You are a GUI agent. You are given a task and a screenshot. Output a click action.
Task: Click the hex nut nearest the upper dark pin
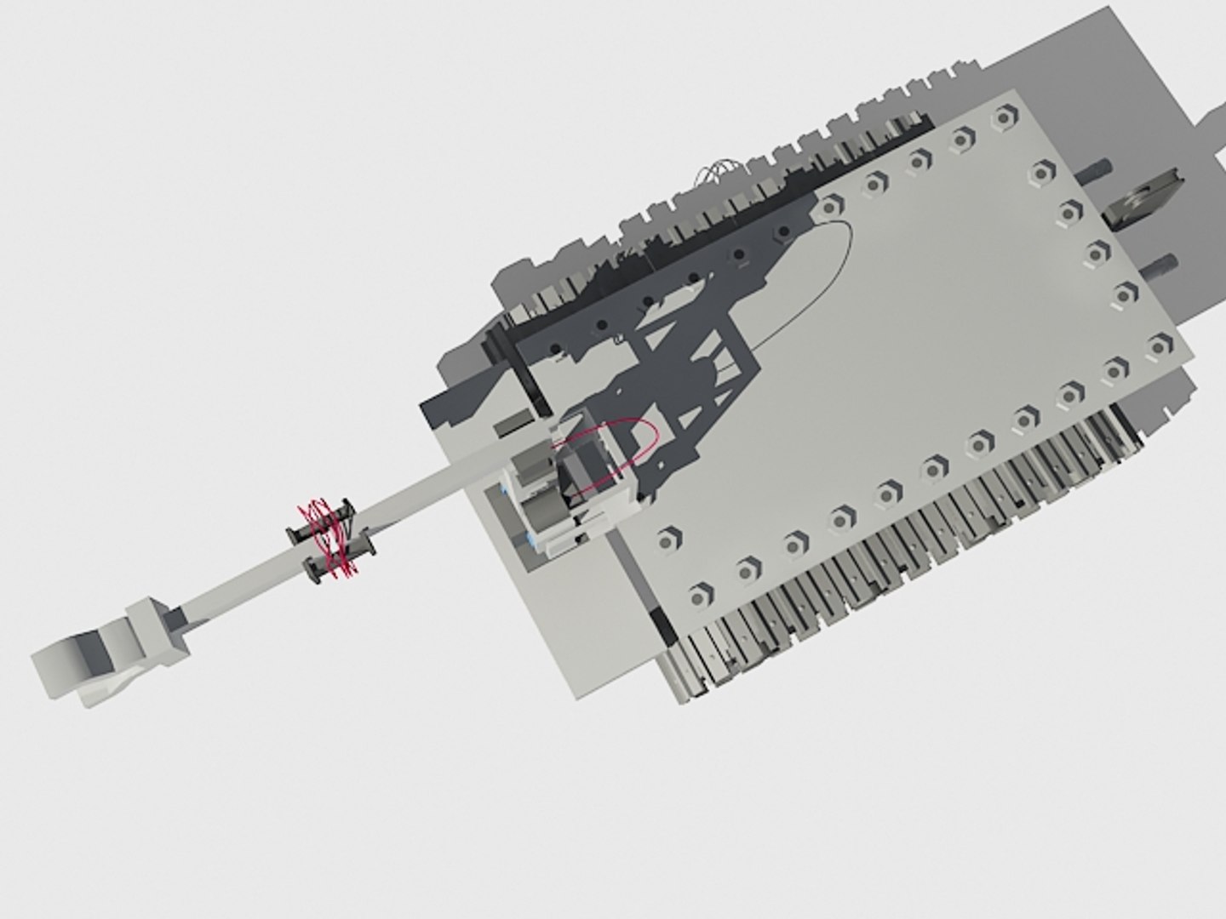pos(1040,174)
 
